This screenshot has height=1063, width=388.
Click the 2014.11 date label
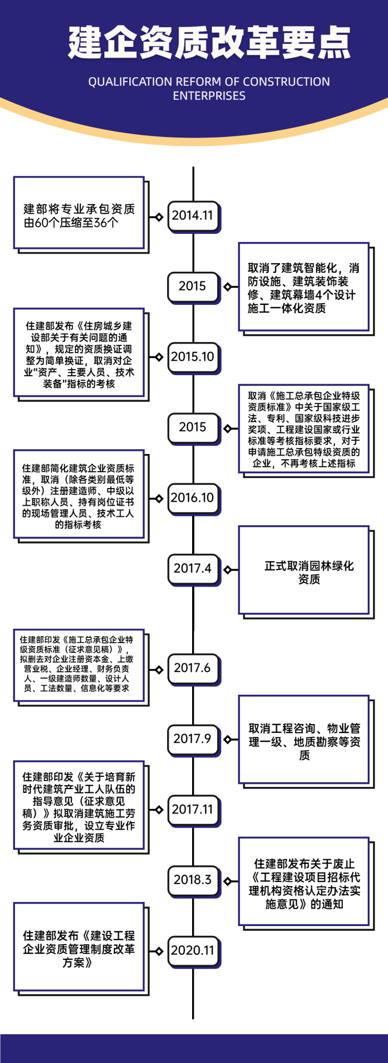tap(193, 216)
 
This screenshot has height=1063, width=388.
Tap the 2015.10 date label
tap(193, 356)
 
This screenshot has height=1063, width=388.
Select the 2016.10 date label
tap(193, 498)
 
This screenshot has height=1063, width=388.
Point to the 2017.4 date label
tap(193, 569)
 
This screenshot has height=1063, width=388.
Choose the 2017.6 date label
tap(193, 668)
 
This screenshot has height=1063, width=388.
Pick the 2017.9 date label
tap(193, 739)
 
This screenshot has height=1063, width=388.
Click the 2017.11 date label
tap(193, 809)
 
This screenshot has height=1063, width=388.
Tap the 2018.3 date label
tap(193, 880)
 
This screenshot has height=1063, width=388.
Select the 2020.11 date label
tap(193, 951)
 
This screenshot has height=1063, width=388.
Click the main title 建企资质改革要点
tap(209, 43)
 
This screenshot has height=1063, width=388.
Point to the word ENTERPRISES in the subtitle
tap(209, 96)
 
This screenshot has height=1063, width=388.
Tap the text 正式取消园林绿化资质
tap(309, 572)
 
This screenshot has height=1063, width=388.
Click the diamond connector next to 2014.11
tap(159, 217)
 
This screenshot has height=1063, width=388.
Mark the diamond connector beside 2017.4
tap(227, 570)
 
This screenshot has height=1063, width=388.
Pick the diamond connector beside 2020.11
tap(159, 951)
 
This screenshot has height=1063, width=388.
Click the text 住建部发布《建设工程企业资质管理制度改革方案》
tap(79, 949)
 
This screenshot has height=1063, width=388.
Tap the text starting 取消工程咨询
tap(304, 741)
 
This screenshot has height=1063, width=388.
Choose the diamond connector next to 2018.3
tap(227, 881)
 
